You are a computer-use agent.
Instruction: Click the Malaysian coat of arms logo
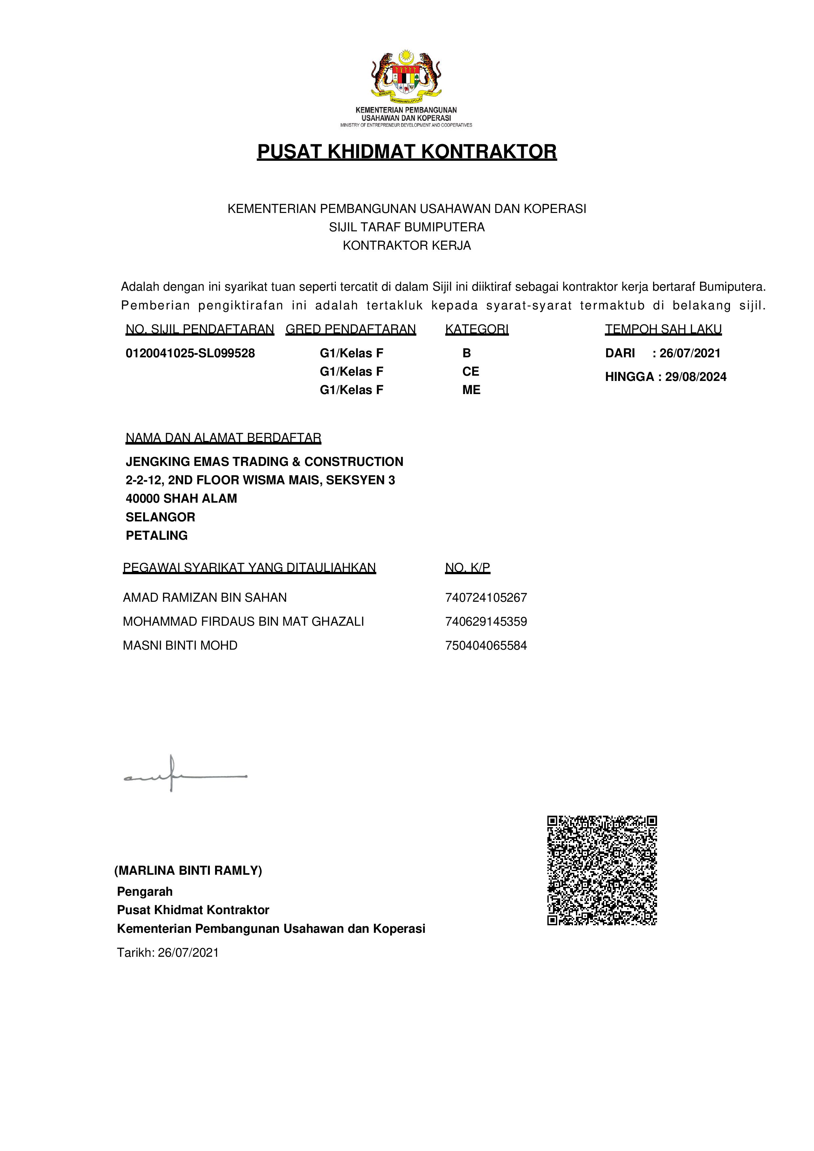406,75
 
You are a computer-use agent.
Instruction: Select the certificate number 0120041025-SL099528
190,353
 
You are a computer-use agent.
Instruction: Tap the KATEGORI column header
476,329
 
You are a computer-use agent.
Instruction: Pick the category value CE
471,371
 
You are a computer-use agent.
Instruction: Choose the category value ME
471,390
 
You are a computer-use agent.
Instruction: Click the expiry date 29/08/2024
696,377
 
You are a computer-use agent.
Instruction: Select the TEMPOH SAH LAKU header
663,329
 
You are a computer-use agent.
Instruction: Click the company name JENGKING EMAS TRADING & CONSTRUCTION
264,462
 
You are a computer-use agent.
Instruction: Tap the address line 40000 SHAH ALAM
181,499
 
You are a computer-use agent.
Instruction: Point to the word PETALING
157,535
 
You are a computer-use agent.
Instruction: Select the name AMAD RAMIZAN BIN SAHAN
205,597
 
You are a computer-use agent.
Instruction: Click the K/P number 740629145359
486,622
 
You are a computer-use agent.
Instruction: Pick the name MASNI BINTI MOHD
180,646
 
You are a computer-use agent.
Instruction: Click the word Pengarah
144,892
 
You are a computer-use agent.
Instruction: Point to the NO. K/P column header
468,568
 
